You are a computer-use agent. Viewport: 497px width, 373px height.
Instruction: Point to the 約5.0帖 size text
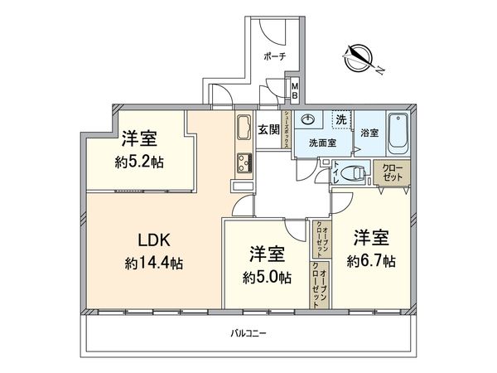266,277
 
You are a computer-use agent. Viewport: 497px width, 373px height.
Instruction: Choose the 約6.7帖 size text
370,260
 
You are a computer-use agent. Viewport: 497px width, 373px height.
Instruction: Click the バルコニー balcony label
248,334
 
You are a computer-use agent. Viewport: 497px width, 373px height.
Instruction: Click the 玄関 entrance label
268,129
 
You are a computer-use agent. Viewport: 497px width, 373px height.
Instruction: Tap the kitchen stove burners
244,160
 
